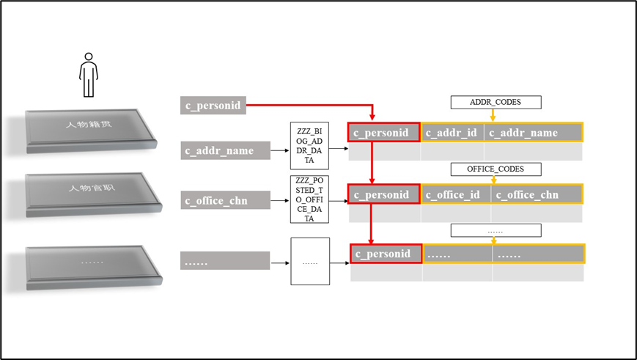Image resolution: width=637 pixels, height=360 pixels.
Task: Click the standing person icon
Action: [89, 74]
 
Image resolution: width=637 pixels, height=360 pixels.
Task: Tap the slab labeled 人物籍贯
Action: [92, 130]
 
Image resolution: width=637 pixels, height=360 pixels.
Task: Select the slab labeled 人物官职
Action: [92, 193]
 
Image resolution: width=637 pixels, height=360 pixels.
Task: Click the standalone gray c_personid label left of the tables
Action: [213, 105]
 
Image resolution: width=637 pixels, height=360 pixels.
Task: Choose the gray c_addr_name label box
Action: [225, 151]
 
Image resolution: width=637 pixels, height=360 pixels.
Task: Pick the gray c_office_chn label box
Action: [224, 199]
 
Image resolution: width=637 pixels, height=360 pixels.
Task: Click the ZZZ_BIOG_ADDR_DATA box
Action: [309, 147]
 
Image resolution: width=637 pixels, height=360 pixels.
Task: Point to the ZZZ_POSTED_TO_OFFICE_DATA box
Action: [309, 199]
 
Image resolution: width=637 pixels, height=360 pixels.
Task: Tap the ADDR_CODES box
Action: [495, 102]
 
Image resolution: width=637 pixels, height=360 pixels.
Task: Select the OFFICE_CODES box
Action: [495, 169]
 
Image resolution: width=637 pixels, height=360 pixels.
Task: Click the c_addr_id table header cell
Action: [452, 133]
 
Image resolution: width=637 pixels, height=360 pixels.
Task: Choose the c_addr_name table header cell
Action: [533, 133]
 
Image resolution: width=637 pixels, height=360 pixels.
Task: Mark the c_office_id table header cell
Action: [455, 194]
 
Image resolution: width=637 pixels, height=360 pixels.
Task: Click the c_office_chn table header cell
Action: [537, 194]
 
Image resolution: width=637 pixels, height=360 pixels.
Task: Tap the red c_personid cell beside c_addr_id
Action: [383, 133]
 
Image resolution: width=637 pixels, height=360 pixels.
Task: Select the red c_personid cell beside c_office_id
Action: [383, 194]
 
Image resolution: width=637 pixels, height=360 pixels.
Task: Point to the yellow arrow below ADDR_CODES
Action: [493, 115]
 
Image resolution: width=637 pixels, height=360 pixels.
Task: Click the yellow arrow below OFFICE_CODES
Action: [493, 180]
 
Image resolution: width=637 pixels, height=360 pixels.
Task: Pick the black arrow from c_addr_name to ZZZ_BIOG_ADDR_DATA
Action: [279, 152]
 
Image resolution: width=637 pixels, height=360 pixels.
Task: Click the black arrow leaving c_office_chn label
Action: [279, 199]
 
